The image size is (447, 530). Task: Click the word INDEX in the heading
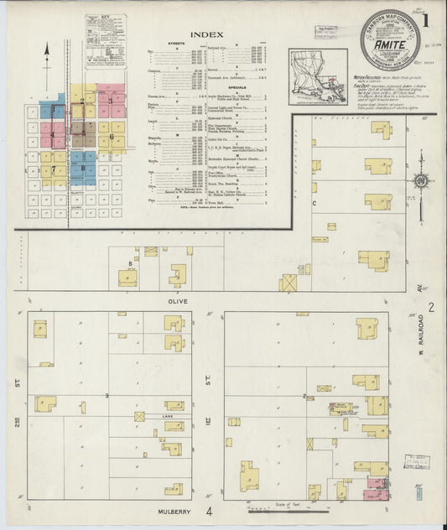pos(207,34)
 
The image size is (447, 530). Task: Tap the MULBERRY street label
pos(176,509)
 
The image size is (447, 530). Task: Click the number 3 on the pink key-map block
pos(110,101)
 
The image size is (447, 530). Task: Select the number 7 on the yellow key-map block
pos(54,169)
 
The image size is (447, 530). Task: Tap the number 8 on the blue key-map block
pos(83,169)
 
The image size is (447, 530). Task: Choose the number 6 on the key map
pos(111,136)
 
